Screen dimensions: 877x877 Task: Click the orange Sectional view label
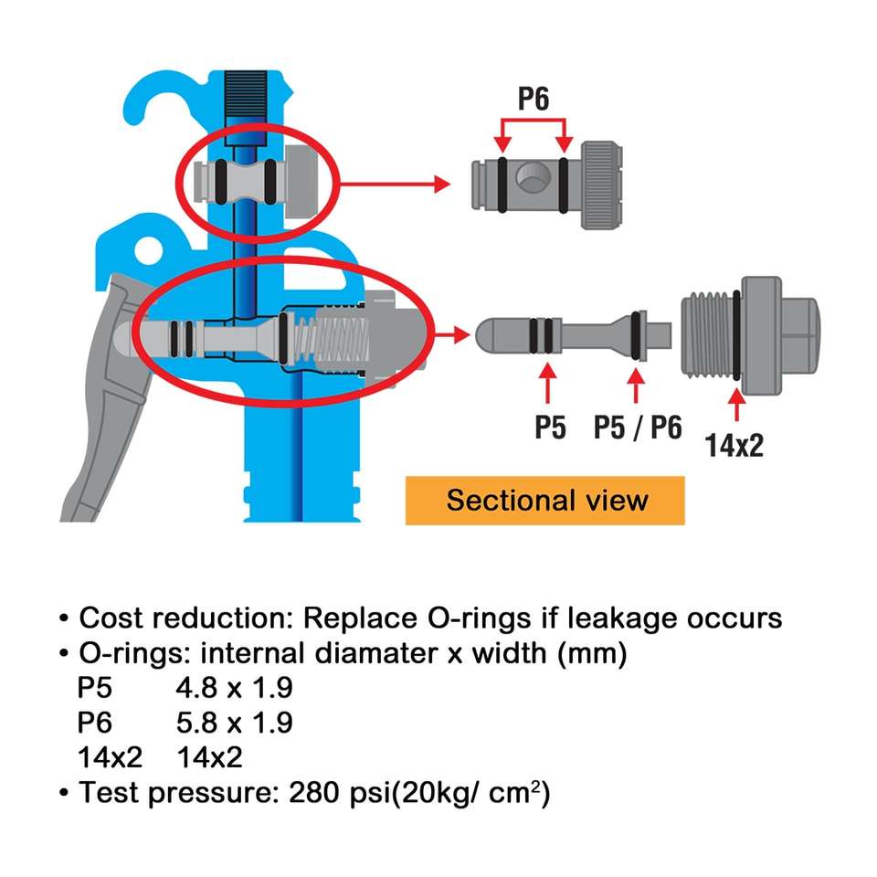pos(544,500)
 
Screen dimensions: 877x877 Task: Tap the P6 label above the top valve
pos(534,99)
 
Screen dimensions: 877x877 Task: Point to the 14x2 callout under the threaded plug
pos(734,445)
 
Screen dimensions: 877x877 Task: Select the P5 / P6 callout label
pos(638,428)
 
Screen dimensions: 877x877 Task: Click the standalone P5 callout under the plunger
pos(550,428)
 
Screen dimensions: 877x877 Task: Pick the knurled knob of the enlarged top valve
pos(602,185)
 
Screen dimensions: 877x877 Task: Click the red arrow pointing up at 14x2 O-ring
pos(736,404)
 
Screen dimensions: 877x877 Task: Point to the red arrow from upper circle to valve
pos(395,184)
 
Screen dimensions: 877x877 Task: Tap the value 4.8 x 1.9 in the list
pos(235,687)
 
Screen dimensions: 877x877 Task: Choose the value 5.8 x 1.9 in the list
pos(235,723)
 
